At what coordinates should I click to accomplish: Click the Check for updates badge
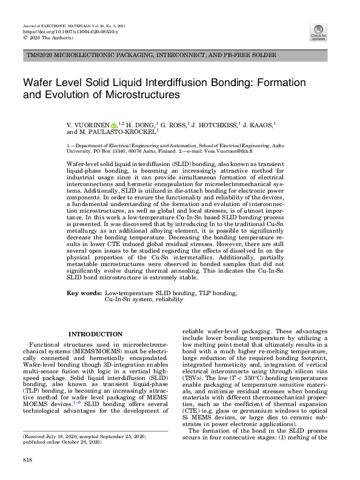pos(318,31)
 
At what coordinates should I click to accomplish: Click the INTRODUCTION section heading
pos(96,334)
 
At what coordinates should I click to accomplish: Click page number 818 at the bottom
pos(27,461)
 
